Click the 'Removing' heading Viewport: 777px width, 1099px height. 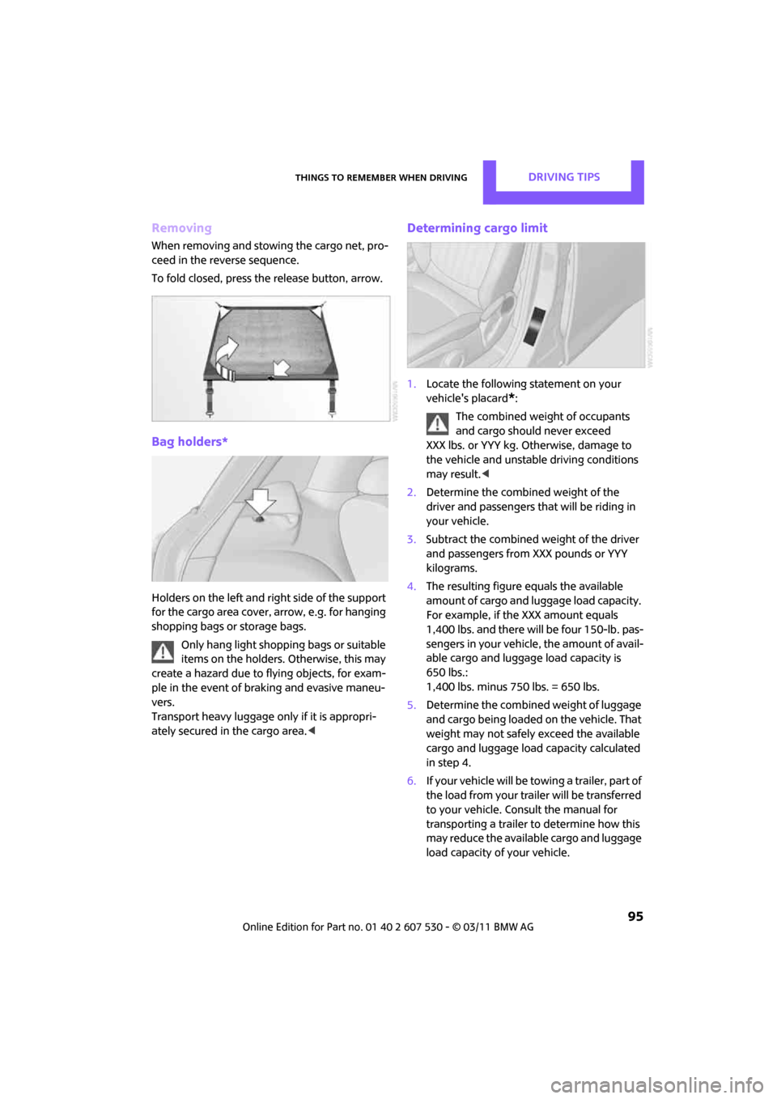[181, 228]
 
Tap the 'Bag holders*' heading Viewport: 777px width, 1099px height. [189, 442]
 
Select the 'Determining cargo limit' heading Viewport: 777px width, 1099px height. [477, 228]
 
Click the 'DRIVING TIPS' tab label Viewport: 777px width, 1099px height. [564, 177]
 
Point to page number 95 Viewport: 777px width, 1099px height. [635, 916]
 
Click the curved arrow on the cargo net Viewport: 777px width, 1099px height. [226, 353]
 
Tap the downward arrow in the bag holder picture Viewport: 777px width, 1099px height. [260, 503]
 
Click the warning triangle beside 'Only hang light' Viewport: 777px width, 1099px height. [163, 651]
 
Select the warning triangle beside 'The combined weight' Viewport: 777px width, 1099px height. [437, 422]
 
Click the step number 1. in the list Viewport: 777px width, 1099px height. [411, 384]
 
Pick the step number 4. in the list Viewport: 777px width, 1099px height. [411, 587]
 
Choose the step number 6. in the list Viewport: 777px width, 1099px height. [411, 781]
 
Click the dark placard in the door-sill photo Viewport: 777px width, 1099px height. [536, 325]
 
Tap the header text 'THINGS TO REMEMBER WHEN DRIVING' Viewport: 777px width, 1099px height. [380, 178]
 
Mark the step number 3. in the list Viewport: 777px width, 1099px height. [411, 540]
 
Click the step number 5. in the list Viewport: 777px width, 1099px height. [411, 706]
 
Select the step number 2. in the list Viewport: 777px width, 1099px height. [411, 493]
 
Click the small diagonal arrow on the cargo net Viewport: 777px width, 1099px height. [280, 368]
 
